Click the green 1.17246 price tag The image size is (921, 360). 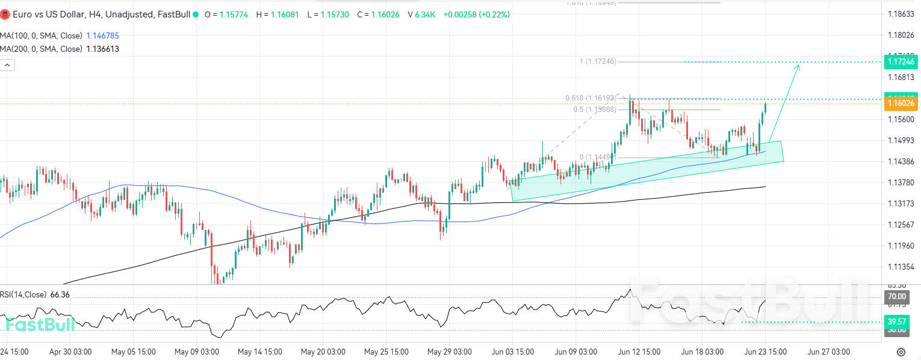[901, 62]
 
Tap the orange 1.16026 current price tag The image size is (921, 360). [901, 104]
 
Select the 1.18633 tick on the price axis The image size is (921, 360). [901, 14]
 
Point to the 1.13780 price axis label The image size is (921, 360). [901, 182]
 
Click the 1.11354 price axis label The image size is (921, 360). [901, 267]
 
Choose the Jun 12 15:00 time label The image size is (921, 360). [639, 352]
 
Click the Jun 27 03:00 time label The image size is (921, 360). [828, 352]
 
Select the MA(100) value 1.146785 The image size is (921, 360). [103, 36]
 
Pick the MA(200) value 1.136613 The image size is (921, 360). [103, 49]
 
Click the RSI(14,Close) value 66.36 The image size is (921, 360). [60, 294]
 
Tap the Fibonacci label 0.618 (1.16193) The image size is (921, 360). [591, 98]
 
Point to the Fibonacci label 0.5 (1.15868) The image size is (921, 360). [595, 110]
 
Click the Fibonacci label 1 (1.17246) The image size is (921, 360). [598, 61]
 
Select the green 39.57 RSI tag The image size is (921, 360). [897, 322]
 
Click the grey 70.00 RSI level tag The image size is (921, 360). [897, 297]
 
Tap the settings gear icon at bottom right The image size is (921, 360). [901, 352]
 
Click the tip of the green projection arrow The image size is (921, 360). [799, 64]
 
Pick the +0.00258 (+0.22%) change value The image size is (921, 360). [476, 14]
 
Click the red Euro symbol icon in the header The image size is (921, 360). [5, 14]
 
